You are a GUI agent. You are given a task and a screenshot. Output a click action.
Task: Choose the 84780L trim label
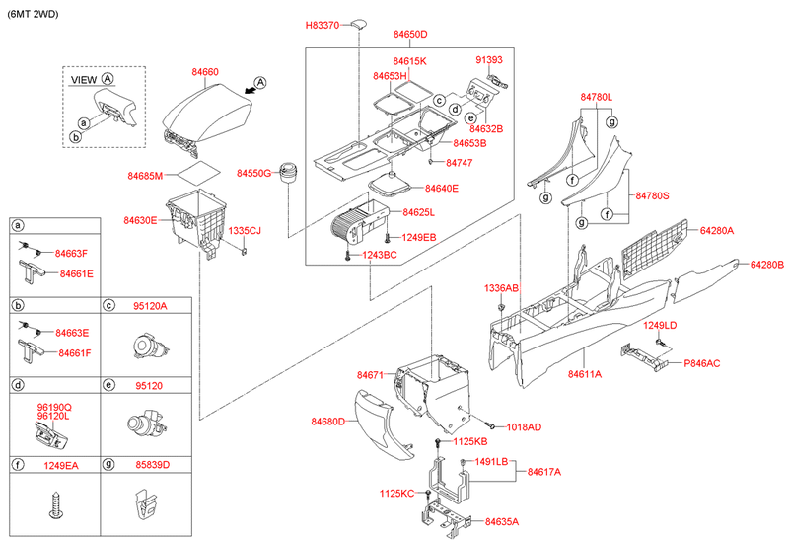pyautogui.click(x=596, y=97)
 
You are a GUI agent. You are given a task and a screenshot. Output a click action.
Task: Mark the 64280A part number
pyautogui.click(x=718, y=230)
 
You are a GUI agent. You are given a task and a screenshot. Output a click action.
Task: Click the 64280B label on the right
pyautogui.click(x=766, y=265)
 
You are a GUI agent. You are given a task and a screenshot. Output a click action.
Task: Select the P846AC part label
pyautogui.click(x=701, y=363)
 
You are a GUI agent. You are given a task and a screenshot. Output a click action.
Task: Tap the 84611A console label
pyautogui.click(x=585, y=374)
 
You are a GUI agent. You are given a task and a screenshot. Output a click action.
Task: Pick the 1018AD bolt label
pyautogui.click(x=523, y=427)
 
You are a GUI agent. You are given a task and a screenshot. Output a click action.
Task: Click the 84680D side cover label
pyautogui.click(x=327, y=422)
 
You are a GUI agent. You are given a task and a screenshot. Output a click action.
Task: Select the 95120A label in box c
pyautogui.click(x=150, y=306)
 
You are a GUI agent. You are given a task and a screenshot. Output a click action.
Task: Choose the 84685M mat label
pyautogui.click(x=145, y=176)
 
